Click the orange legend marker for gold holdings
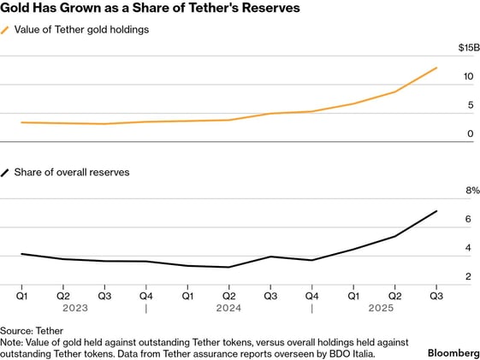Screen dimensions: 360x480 coord(6,30)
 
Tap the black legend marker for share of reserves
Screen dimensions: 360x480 coord(6,172)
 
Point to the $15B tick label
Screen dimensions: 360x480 coord(462,48)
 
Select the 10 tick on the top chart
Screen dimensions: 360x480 coord(468,77)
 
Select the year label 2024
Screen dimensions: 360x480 coord(228,307)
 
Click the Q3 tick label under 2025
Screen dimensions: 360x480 coord(436,295)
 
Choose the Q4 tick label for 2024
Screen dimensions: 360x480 coord(311,295)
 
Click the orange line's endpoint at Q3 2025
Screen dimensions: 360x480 coord(436,68)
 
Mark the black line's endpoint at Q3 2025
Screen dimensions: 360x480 coord(436,211)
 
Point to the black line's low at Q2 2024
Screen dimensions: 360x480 coord(228,267)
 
